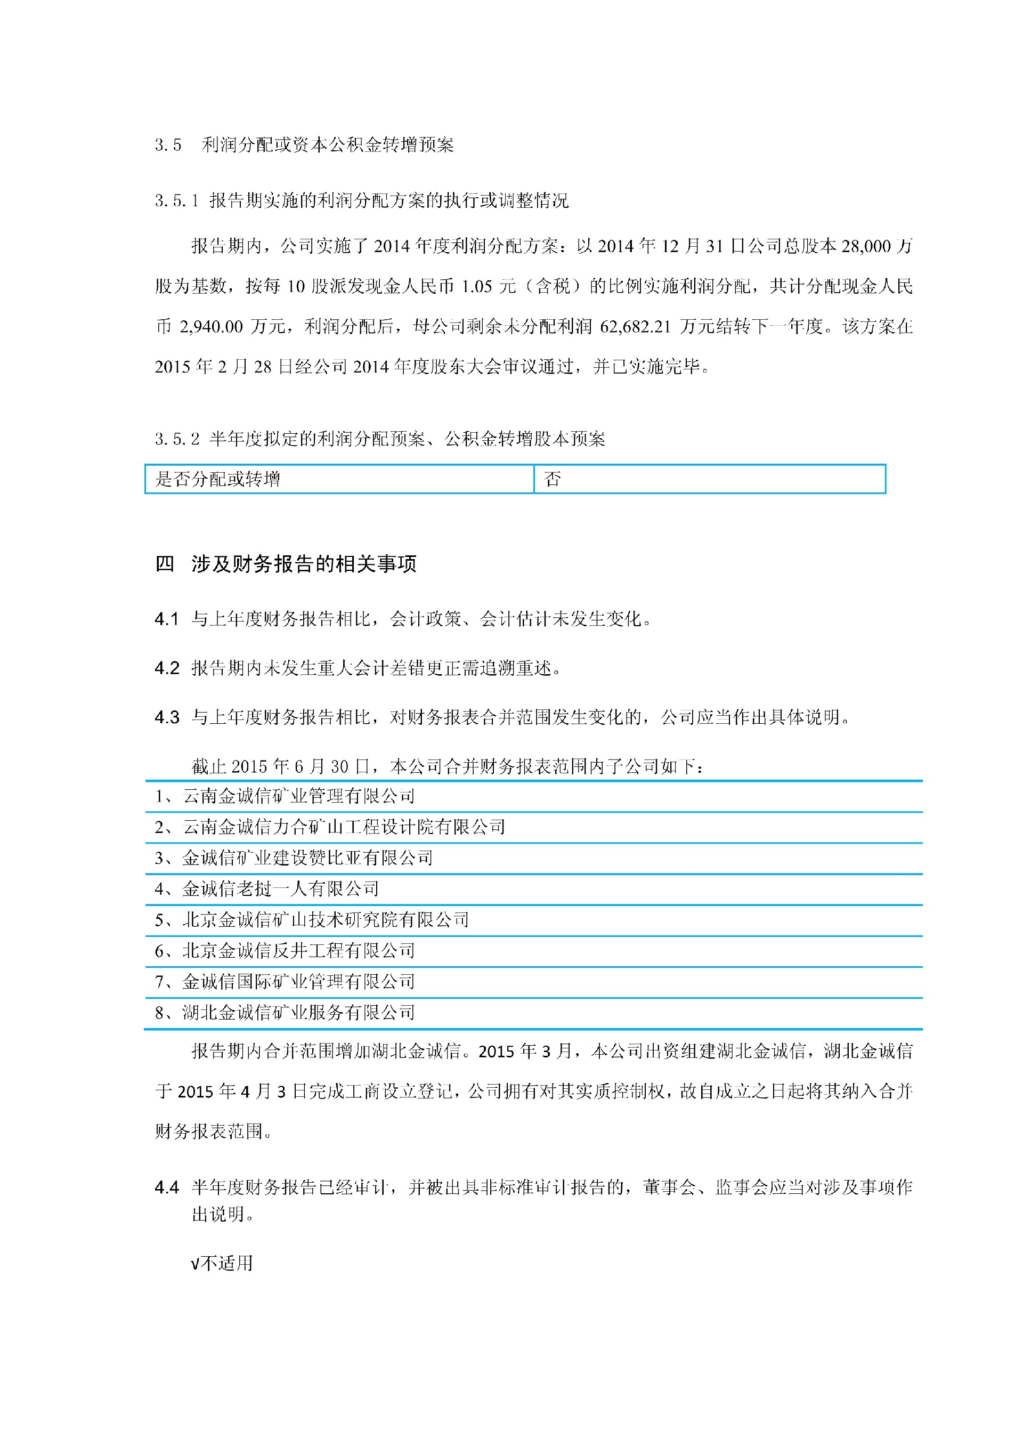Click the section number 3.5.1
pyautogui.click(x=176, y=201)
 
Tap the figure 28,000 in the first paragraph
pyautogui.click(x=865, y=246)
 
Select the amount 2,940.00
pyautogui.click(x=211, y=327)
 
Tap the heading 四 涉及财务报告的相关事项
pyautogui.click(x=286, y=563)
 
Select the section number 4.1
pyautogui.click(x=166, y=619)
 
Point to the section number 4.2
pyautogui.click(x=167, y=668)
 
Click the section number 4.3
pyautogui.click(x=167, y=717)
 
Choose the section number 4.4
pyautogui.click(x=167, y=1187)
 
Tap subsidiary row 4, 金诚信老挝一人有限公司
pyautogui.click(x=266, y=889)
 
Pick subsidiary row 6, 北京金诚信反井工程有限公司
pyautogui.click(x=285, y=951)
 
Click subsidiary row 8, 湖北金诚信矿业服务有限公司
pyautogui.click(x=285, y=1013)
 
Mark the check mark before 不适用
pyautogui.click(x=194, y=1264)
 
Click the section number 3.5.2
pyautogui.click(x=177, y=439)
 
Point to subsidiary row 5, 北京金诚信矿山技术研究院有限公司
pyautogui.click(x=312, y=920)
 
